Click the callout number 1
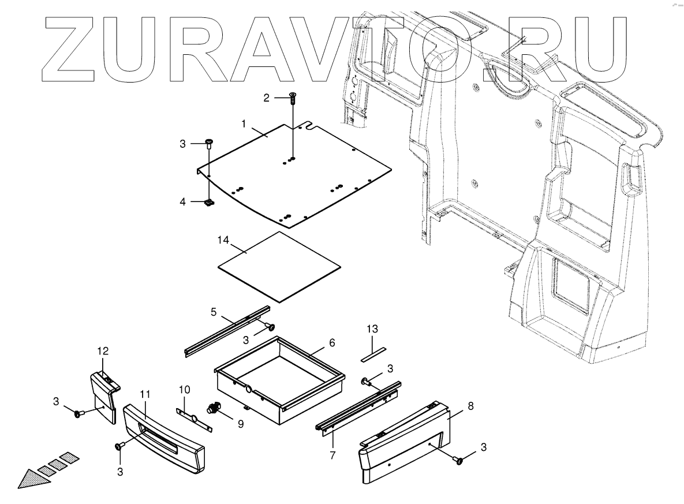[x=244, y=124]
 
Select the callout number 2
[x=267, y=98]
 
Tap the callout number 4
[x=183, y=202]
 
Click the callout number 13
[x=372, y=329]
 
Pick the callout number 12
[x=102, y=351]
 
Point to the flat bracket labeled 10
[x=193, y=417]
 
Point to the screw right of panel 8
[x=459, y=460]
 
